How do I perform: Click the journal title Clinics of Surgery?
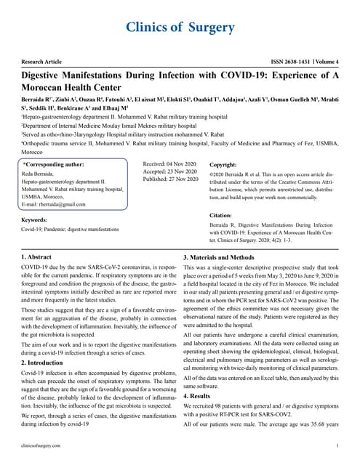[x=180, y=28]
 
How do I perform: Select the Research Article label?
[x=45, y=64]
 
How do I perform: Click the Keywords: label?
[x=35, y=219]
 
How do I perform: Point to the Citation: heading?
[x=223, y=216]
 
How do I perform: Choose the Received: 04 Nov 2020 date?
[x=171, y=165]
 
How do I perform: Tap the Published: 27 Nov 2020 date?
[x=172, y=179]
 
